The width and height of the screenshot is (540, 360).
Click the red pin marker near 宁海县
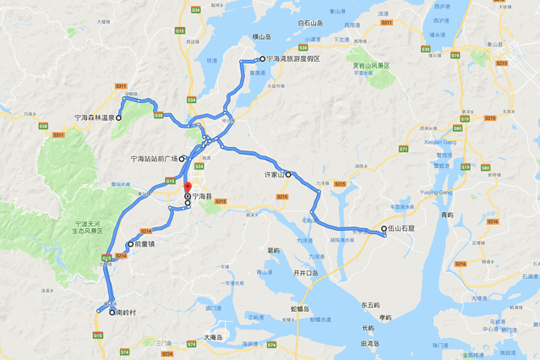(188, 187)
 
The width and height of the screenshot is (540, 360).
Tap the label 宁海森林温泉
(92, 118)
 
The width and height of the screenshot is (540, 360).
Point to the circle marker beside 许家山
(288, 175)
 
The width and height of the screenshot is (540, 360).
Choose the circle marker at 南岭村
(112, 313)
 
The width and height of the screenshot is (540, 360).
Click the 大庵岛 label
(215, 337)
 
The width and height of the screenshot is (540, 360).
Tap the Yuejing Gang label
(437, 192)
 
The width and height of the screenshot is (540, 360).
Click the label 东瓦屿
(370, 304)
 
